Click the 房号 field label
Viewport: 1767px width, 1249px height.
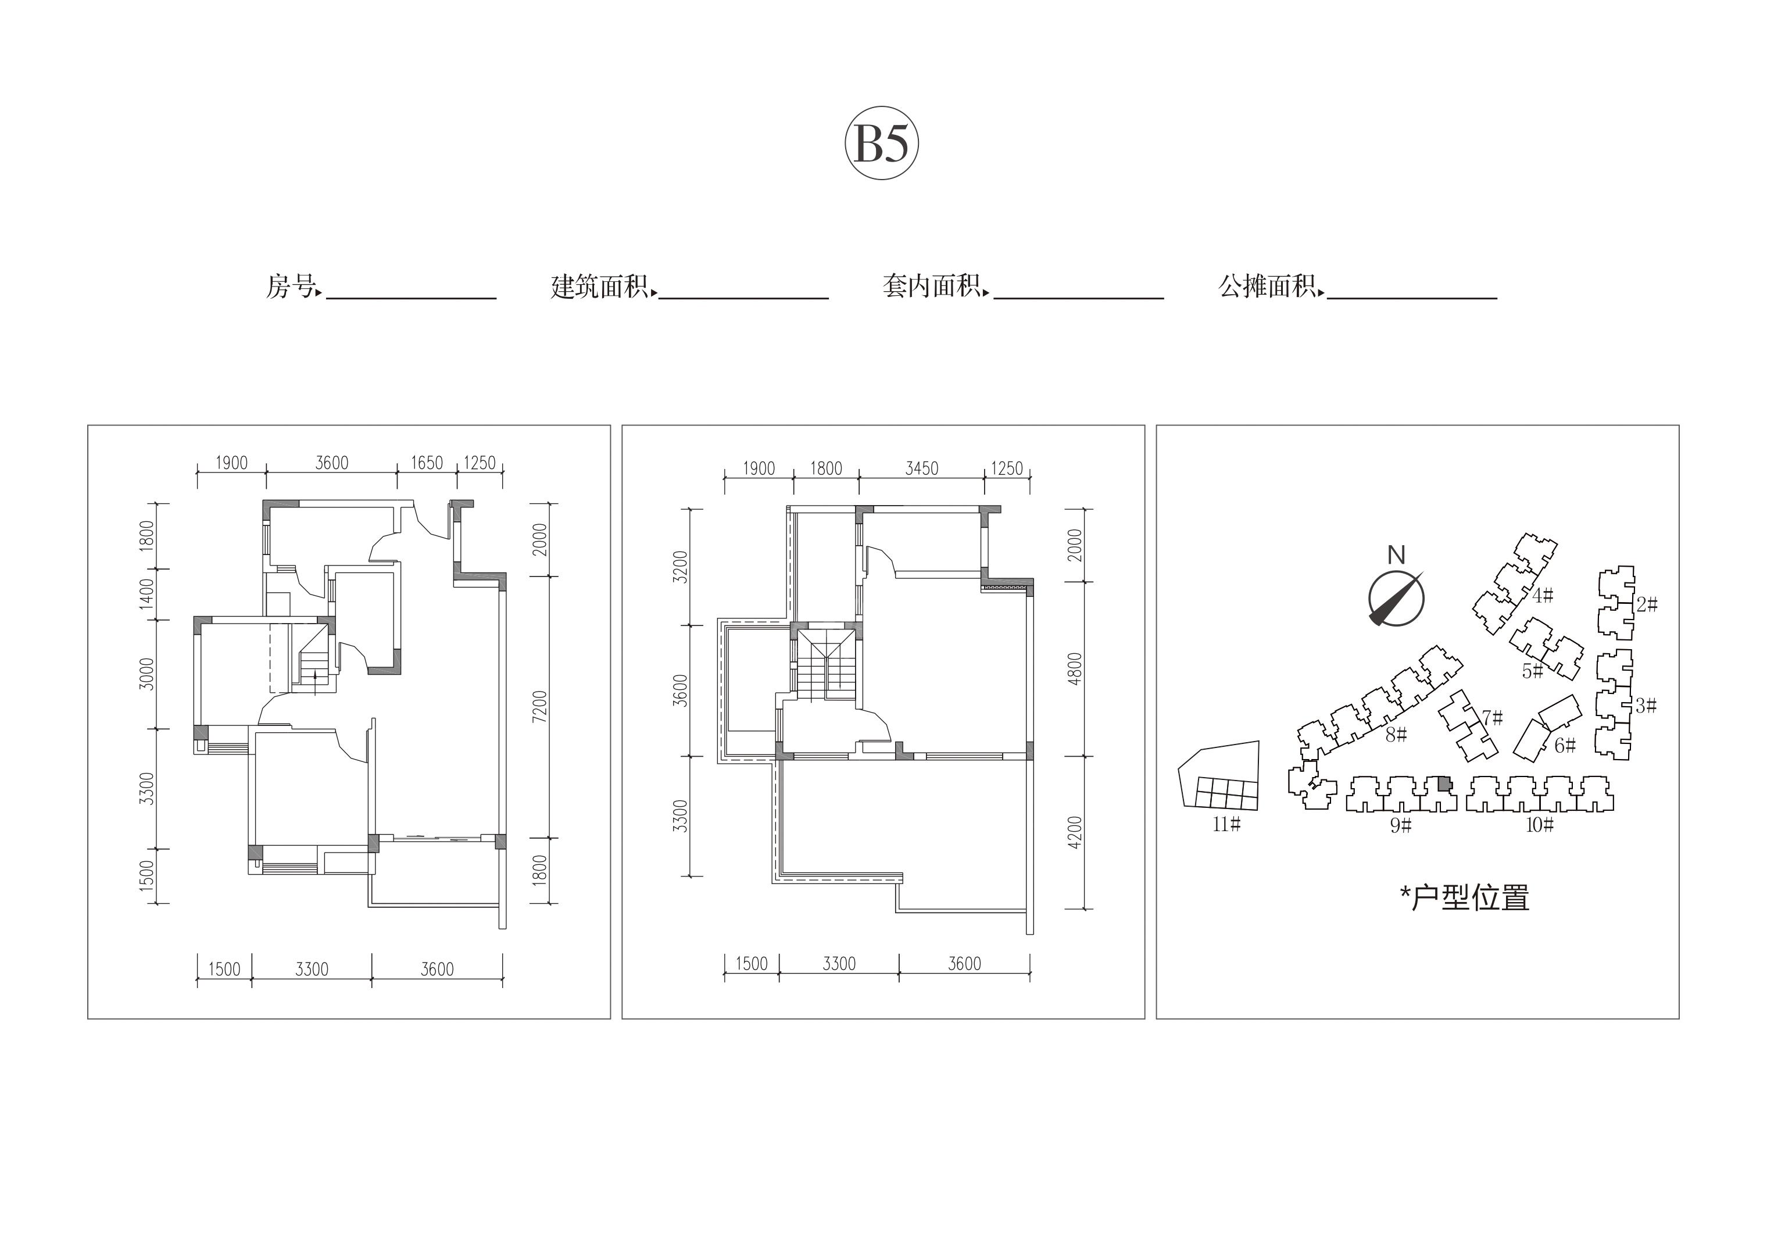291,287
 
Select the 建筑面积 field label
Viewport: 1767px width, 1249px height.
599,287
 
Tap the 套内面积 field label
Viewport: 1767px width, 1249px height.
932,287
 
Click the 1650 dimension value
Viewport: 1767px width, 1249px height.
427,463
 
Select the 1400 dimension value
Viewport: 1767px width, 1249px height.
146,594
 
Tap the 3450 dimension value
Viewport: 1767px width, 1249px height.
921,468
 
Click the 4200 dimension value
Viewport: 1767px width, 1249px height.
1075,832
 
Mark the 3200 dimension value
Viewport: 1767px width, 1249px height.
679,567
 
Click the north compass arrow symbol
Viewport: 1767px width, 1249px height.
1396,598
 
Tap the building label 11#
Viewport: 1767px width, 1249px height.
1227,824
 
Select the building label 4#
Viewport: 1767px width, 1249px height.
1542,596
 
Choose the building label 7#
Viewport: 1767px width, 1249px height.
1492,718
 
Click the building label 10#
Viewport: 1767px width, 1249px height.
1540,825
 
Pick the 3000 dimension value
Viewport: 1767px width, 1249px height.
146,674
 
